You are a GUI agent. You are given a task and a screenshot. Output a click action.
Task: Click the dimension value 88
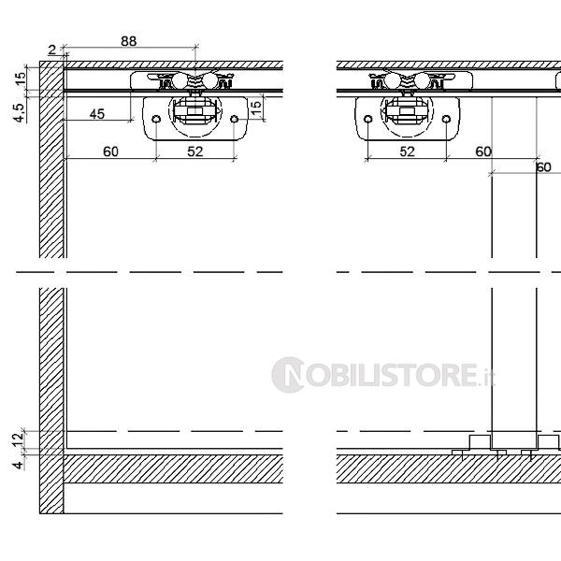[129, 41]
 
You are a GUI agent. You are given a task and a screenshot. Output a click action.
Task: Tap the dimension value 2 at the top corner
[52, 50]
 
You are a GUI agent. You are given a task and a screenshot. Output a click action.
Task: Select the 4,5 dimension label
[20, 112]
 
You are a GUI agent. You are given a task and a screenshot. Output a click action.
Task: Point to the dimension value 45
[97, 114]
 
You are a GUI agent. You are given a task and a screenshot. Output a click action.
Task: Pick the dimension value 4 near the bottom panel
[19, 466]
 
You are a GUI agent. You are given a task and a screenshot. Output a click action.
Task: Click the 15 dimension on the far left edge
[21, 78]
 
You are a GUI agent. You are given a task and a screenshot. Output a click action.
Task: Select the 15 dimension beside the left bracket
[256, 108]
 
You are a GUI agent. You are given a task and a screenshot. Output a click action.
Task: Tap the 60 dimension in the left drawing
[110, 151]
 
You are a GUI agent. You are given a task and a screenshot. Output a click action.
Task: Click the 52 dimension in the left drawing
[195, 151]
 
